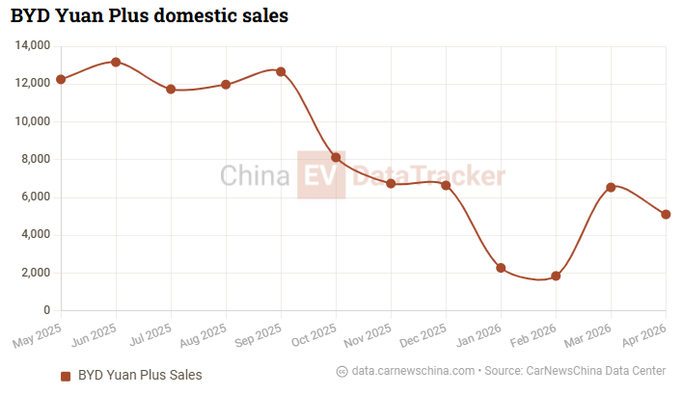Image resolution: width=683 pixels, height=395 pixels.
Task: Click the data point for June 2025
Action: tap(116, 63)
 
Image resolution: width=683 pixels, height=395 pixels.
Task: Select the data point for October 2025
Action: tap(336, 157)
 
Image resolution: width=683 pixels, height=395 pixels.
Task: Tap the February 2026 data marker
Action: tap(556, 276)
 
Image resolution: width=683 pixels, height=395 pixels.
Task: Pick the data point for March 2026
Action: tap(611, 188)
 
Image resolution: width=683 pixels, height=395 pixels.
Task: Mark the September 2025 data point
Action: tap(281, 72)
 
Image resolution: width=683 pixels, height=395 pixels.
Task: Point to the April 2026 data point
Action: tap(666, 215)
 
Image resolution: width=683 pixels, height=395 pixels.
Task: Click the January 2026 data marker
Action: tap(501, 268)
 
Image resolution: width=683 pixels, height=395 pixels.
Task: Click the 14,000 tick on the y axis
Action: tap(33, 45)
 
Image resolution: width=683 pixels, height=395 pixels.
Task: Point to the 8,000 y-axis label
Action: tap(36, 159)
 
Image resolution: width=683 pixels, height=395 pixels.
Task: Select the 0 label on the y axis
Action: tap(47, 310)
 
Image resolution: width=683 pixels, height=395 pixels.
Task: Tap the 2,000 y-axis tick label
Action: tap(36, 273)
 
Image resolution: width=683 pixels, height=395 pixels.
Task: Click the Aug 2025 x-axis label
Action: tap(203, 335)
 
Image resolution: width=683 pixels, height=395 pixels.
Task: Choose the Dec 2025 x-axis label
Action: tap(423, 335)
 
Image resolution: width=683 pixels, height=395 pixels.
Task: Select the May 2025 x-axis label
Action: tap(37, 336)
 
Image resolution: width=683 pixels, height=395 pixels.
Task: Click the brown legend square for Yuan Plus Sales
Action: tap(66, 377)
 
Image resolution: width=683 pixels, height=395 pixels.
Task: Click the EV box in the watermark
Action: tap(321, 175)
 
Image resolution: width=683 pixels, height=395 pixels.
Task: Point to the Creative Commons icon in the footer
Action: tap(341, 372)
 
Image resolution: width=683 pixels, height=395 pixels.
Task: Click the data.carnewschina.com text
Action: tap(413, 371)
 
